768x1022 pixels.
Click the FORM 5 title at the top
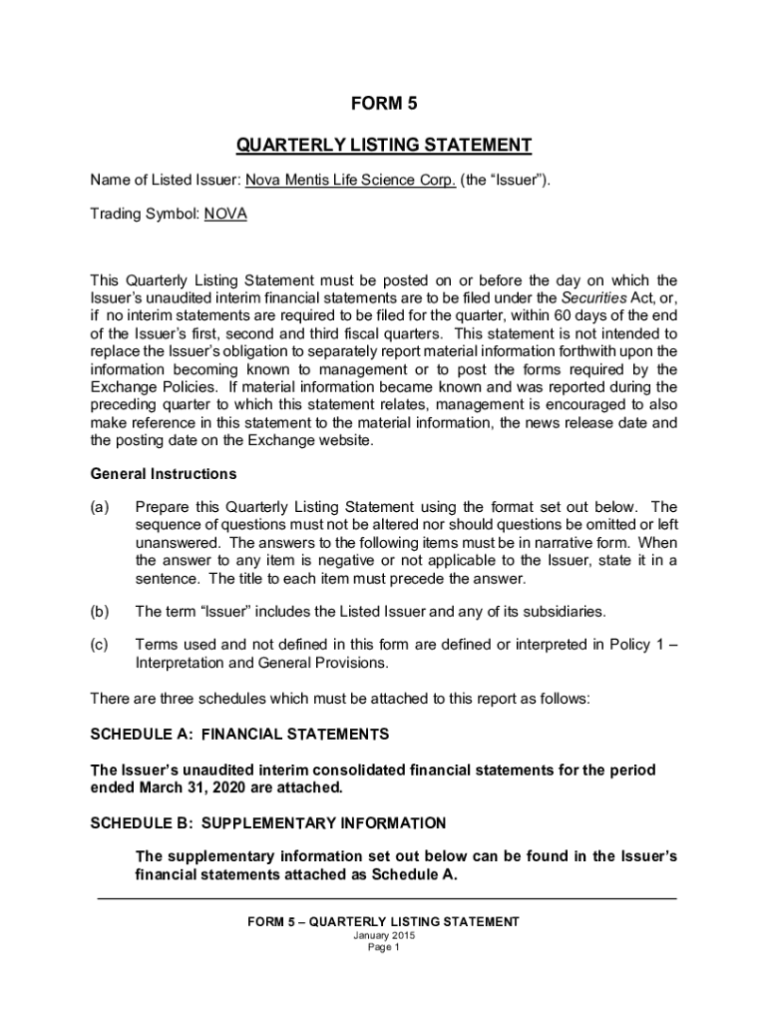coord(383,103)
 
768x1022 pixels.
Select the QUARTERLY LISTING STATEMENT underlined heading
coord(383,146)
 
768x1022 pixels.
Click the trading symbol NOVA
coord(225,215)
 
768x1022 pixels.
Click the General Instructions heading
coord(164,474)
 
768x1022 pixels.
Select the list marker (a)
coord(100,507)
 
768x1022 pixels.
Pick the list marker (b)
coord(100,611)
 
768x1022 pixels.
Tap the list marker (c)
coord(100,645)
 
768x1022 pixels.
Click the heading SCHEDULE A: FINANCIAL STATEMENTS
coord(239,735)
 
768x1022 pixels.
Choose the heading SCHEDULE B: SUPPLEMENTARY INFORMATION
coord(268,823)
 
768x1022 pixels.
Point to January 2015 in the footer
coord(383,936)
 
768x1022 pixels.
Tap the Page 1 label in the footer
coord(383,948)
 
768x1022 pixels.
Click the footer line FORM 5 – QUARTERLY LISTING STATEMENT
coord(383,922)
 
